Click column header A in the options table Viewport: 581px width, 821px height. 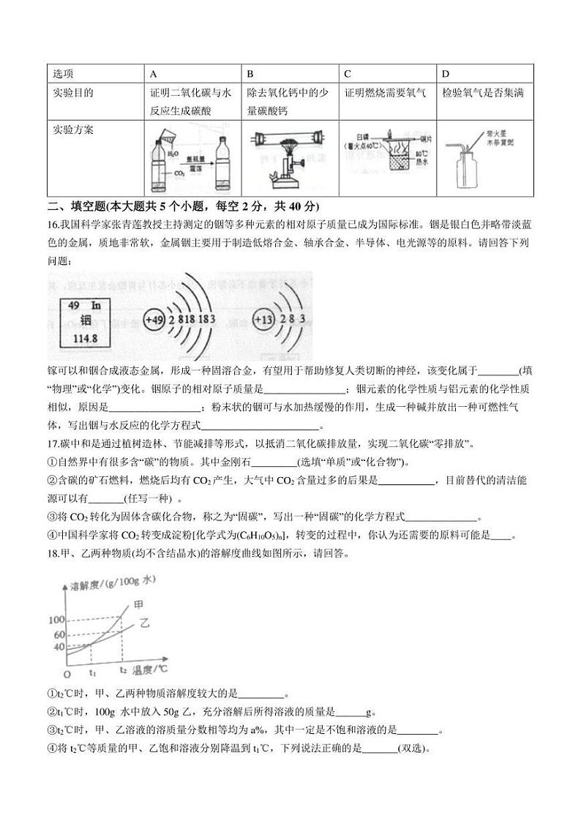153,74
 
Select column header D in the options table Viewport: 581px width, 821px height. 446,74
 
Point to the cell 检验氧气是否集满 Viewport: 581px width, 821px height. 483,93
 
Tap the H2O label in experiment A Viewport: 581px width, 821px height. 172,154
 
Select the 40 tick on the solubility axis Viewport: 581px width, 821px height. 59,647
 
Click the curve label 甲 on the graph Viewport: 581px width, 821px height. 138,605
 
